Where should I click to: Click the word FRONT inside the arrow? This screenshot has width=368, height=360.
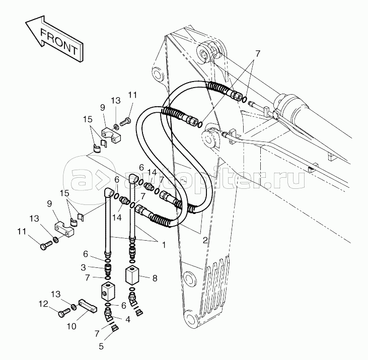pyautogui.click(x=59, y=41)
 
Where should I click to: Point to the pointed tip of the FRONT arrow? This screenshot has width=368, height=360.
pyautogui.click(x=26, y=22)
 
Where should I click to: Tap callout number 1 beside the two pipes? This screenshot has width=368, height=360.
pyautogui.click(x=164, y=245)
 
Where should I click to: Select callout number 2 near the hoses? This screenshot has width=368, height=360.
pyautogui.click(x=205, y=240)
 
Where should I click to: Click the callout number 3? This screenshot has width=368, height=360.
pyautogui.click(x=84, y=267)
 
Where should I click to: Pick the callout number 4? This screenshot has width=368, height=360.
pyautogui.click(x=128, y=319)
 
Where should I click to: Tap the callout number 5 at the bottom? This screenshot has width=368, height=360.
pyautogui.click(x=101, y=346)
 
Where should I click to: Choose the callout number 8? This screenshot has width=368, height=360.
pyautogui.click(x=155, y=278)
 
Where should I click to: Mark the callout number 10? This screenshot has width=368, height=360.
pyautogui.click(x=71, y=326)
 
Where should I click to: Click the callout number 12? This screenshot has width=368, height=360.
pyautogui.click(x=43, y=304)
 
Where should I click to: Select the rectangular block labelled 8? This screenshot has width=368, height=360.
pyautogui.click(x=132, y=275)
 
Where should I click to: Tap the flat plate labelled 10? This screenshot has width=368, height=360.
pyautogui.click(x=87, y=306)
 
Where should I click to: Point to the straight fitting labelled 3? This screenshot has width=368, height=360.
pyautogui.click(x=108, y=269)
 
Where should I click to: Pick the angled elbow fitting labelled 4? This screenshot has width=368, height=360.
pyautogui.click(x=108, y=315)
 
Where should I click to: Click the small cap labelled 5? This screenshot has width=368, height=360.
pyautogui.click(x=115, y=328)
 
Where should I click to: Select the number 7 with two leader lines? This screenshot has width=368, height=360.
pyautogui.click(x=258, y=54)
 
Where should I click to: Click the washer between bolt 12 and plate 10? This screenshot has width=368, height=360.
pyautogui.click(x=73, y=307)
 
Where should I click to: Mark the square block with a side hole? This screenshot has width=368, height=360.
pyautogui.click(x=108, y=292)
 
